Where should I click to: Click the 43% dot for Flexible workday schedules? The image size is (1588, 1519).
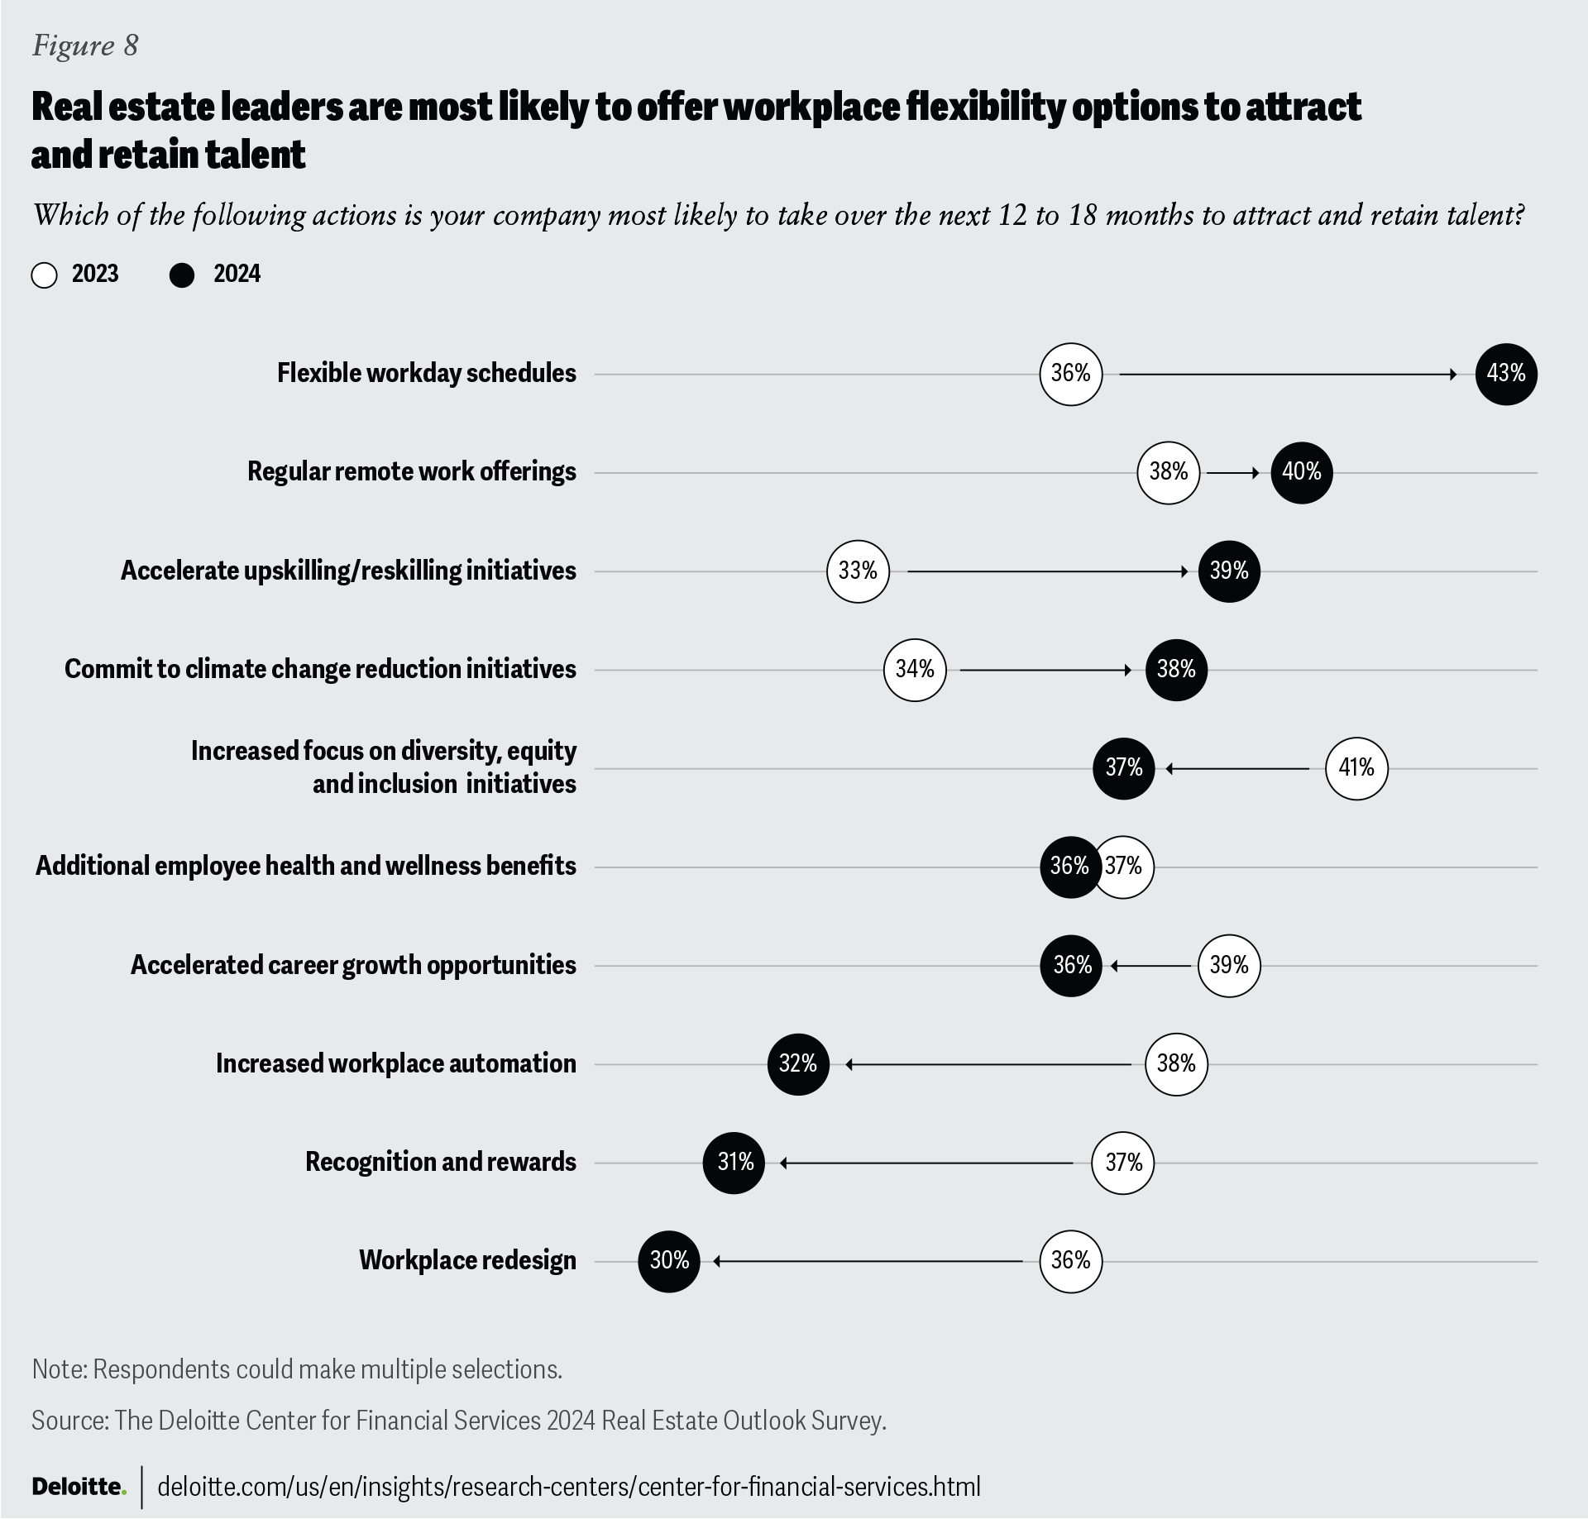[x=1505, y=374]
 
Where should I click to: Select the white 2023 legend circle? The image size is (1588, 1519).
[x=45, y=275]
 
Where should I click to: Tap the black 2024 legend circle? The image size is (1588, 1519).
[x=182, y=275]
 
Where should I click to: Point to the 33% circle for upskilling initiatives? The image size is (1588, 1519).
[x=858, y=571]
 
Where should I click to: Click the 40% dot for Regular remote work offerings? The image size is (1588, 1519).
[x=1301, y=472]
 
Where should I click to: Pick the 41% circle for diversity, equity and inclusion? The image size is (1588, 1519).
[x=1356, y=768]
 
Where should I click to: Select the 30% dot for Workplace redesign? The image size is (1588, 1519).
[x=669, y=1261]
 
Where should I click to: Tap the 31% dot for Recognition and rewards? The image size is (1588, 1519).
[x=734, y=1163]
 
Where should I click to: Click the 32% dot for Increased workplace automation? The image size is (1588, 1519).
[x=798, y=1064]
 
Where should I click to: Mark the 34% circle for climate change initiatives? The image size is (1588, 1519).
[x=915, y=670]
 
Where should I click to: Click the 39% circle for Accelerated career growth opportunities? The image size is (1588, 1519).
[x=1229, y=965]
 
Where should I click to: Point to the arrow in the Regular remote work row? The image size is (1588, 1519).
[x=1233, y=473]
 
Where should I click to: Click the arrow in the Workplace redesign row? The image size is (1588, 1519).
[x=868, y=1261]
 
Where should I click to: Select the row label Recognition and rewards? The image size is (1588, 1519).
[x=440, y=1162]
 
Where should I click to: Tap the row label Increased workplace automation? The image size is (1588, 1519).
[x=395, y=1063]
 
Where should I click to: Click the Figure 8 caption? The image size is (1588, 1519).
[x=85, y=45]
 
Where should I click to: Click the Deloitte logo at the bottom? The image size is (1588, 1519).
[x=79, y=1487]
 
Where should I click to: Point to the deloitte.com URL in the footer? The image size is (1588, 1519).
[x=568, y=1487]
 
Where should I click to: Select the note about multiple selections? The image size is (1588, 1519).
[x=297, y=1369]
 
